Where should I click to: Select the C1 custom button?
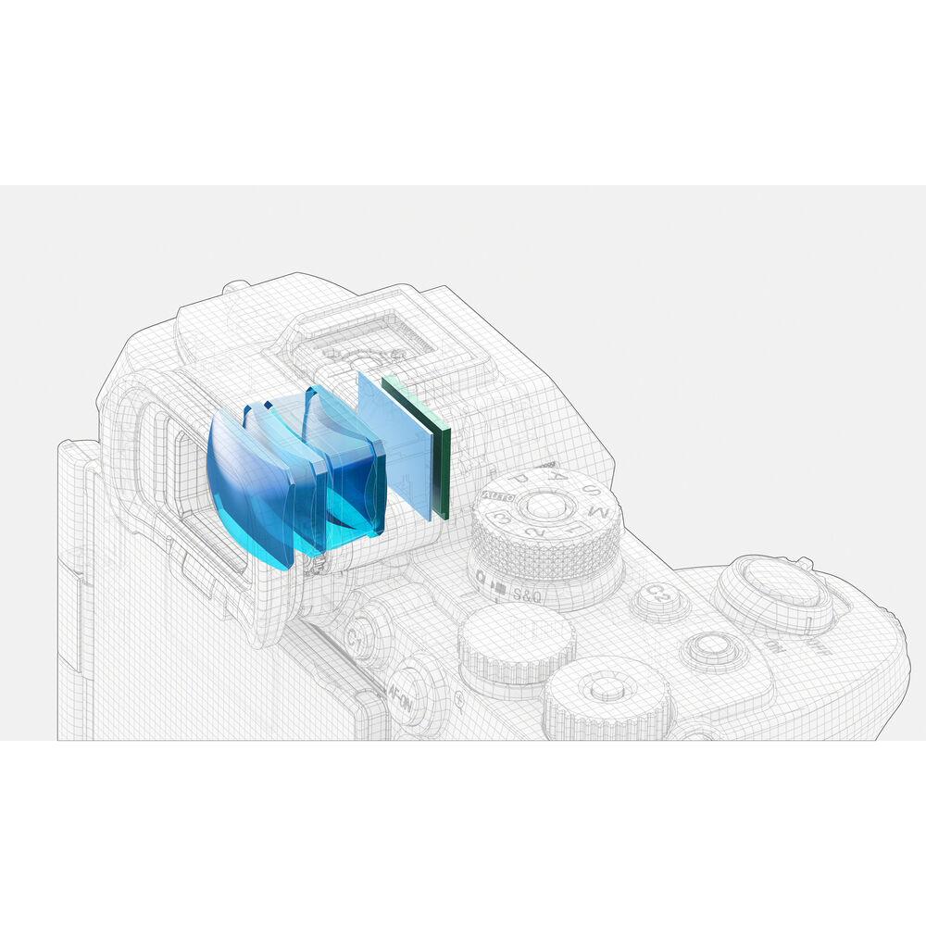tap(356, 638)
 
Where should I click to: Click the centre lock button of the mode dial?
tap(545, 506)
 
